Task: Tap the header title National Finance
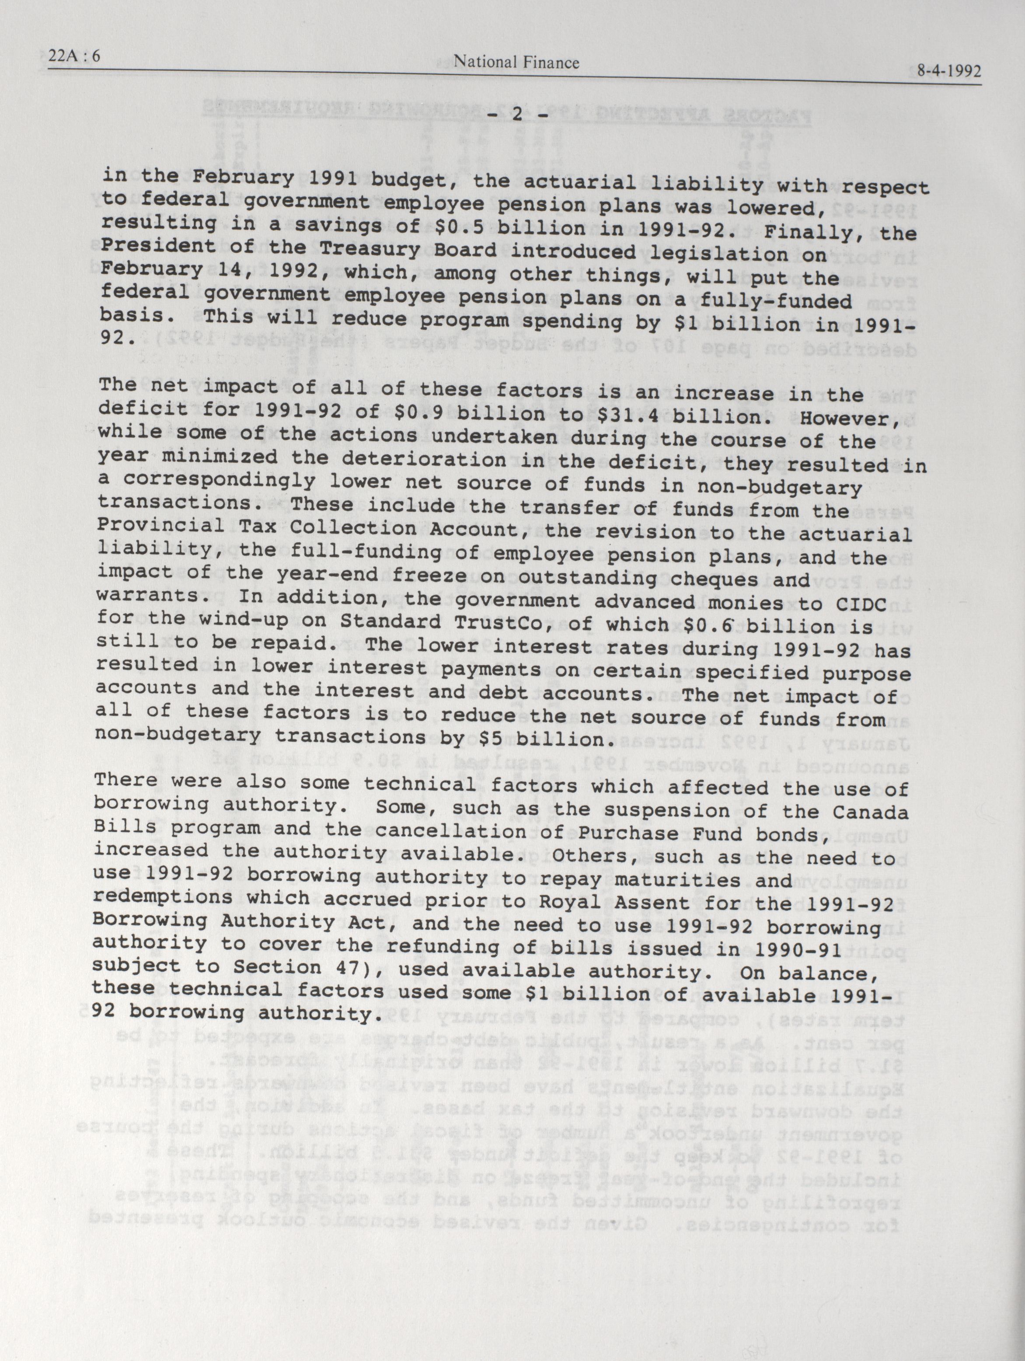516,62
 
